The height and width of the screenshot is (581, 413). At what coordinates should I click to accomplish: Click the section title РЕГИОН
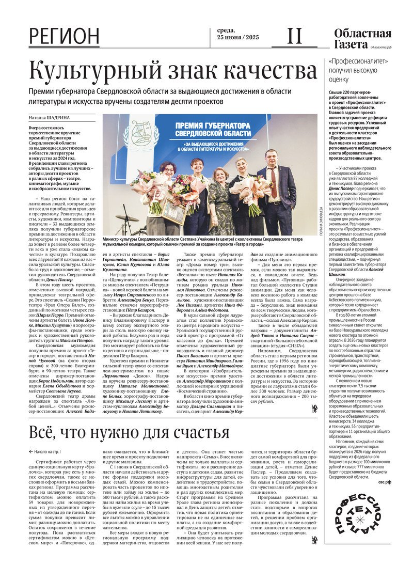coord(64,36)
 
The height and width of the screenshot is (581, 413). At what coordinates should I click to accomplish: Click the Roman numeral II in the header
coord(294,36)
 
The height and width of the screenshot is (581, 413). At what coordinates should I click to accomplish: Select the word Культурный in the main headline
coord(99,71)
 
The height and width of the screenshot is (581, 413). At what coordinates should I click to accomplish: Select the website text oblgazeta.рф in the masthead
coord(380,47)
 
